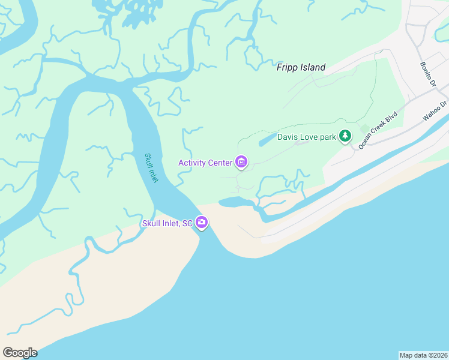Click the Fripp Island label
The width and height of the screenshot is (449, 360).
[x=301, y=67]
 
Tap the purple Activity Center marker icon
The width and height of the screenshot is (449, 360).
[x=241, y=162]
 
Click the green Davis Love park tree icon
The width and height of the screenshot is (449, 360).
[x=345, y=137]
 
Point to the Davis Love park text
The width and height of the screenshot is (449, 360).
[x=306, y=137]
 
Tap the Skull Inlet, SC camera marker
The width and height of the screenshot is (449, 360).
[x=202, y=223]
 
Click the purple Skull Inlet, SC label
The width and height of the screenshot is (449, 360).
[x=167, y=224]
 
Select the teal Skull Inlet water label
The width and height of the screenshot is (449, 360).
[x=151, y=168]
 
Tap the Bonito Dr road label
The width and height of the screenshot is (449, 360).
[x=427, y=74]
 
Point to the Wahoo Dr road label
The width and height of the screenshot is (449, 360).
[x=435, y=110]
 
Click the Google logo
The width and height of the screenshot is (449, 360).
[x=20, y=352]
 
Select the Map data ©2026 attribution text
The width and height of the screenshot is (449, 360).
[x=423, y=355]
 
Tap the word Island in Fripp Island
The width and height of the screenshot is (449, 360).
[x=313, y=67]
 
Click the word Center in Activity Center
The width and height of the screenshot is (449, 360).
[x=220, y=163]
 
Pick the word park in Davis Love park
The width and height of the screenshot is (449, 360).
[x=328, y=137]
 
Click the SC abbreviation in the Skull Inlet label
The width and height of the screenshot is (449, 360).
[x=187, y=224]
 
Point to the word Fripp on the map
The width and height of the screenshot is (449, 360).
[x=288, y=67]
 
